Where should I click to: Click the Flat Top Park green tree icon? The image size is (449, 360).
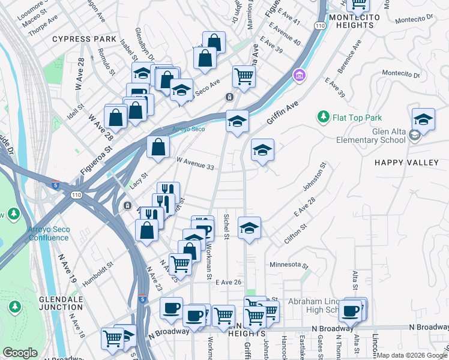coord(324,116)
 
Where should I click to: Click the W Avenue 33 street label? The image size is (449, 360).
coord(195,163)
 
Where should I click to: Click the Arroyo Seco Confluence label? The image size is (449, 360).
coord(48,233)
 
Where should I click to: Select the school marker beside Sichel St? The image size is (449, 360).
coord(249,229)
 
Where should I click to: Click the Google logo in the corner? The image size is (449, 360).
coord(20,353)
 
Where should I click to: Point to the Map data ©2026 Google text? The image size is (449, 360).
coord(412,355)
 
